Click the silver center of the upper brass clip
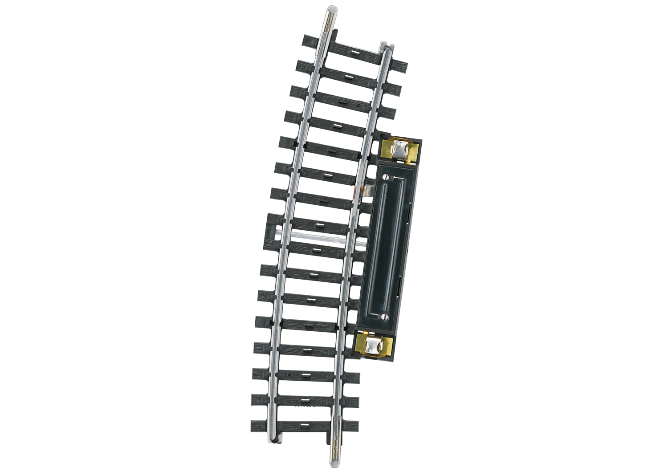[400, 148]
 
